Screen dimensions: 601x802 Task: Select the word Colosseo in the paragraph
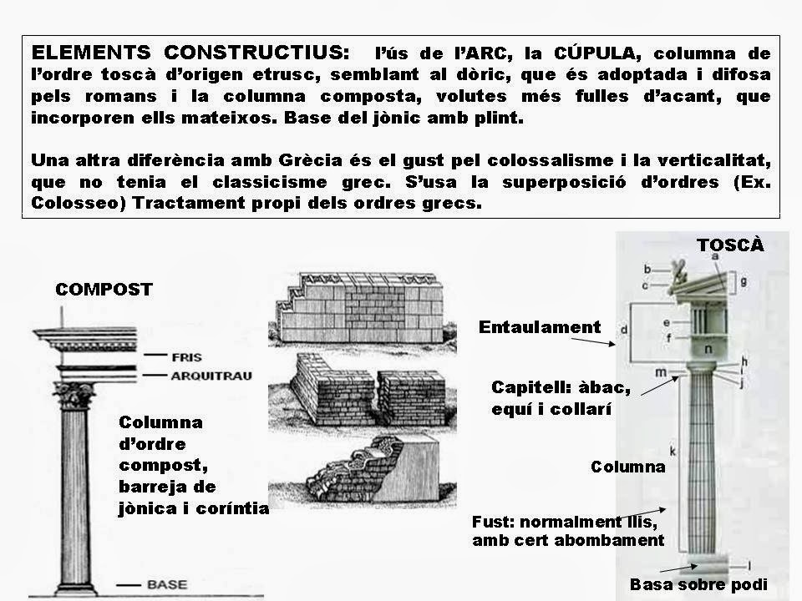pyautogui.click(x=64, y=204)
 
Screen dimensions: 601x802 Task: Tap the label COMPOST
pyautogui.click(x=104, y=290)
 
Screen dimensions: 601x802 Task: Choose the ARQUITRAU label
pyautogui.click(x=211, y=375)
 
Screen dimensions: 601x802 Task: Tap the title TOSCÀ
pyautogui.click(x=729, y=245)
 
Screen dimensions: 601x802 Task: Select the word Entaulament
pyautogui.click(x=539, y=327)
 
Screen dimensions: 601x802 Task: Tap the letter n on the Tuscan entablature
pyautogui.click(x=708, y=348)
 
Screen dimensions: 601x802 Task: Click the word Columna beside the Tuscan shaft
pyautogui.click(x=627, y=466)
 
